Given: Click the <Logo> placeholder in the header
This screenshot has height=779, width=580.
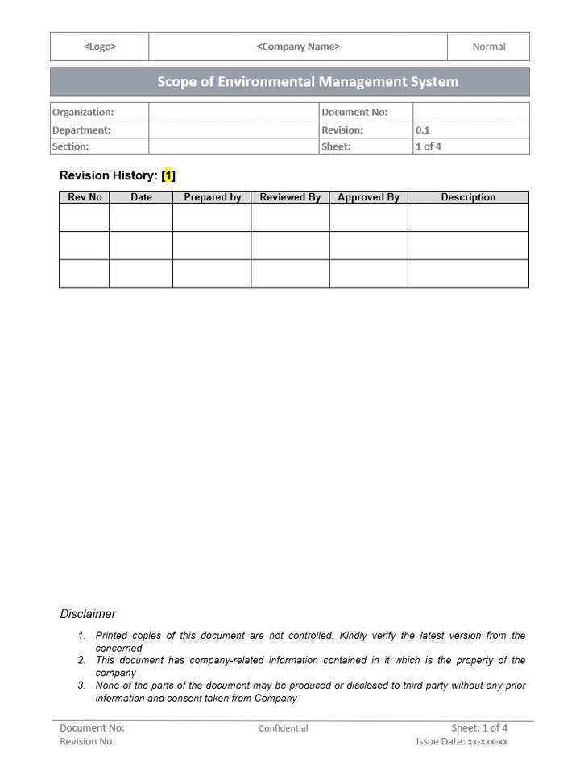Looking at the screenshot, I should pyautogui.click(x=99, y=47).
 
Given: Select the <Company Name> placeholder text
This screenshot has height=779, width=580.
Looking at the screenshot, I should pyautogui.click(x=298, y=47).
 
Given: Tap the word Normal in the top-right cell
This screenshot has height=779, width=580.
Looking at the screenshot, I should pyautogui.click(x=488, y=47).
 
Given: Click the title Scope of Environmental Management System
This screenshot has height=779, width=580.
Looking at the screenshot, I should pyautogui.click(x=308, y=81).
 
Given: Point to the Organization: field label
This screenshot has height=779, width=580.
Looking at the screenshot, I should pyautogui.click(x=83, y=113).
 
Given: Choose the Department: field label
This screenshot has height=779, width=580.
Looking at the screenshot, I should pyautogui.click(x=81, y=130).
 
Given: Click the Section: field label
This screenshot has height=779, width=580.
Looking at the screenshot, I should pyautogui.click(x=71, y=146).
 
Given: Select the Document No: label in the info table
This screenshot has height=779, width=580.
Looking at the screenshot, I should pyautogui.click(x=354, y=113).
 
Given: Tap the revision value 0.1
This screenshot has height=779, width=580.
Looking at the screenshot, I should pyautogui.click(x=423, y=130).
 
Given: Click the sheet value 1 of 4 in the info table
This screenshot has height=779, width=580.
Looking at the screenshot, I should pyautogui.click(x=429, y=146).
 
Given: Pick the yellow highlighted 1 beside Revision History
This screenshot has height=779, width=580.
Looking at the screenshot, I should pyautogui.click(x=168, y=175).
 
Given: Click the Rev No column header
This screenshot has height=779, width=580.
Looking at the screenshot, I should pyautogui.click(x=85, y=197).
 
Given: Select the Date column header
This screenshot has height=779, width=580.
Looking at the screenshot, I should pyautogui.click(x=141, y=197).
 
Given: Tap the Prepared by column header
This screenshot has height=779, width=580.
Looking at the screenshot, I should pyautogui.click(x=213, y=197).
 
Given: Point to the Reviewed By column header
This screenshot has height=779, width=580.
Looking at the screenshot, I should pyautogui.click(x=290, y=197).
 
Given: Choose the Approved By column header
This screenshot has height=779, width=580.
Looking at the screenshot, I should pyautogui.click(x=368, y=197).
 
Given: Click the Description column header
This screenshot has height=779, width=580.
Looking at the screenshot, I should pyautogui.click(x=468, y=197).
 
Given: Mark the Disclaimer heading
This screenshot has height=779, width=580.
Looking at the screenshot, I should pyautogui.click(x=88, y=614).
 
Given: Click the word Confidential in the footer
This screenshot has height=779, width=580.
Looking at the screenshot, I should pyautogui.click(x=284, y=728).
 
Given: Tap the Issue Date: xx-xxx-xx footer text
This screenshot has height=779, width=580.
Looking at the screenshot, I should pyautogui.click(x=462, y=741).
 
